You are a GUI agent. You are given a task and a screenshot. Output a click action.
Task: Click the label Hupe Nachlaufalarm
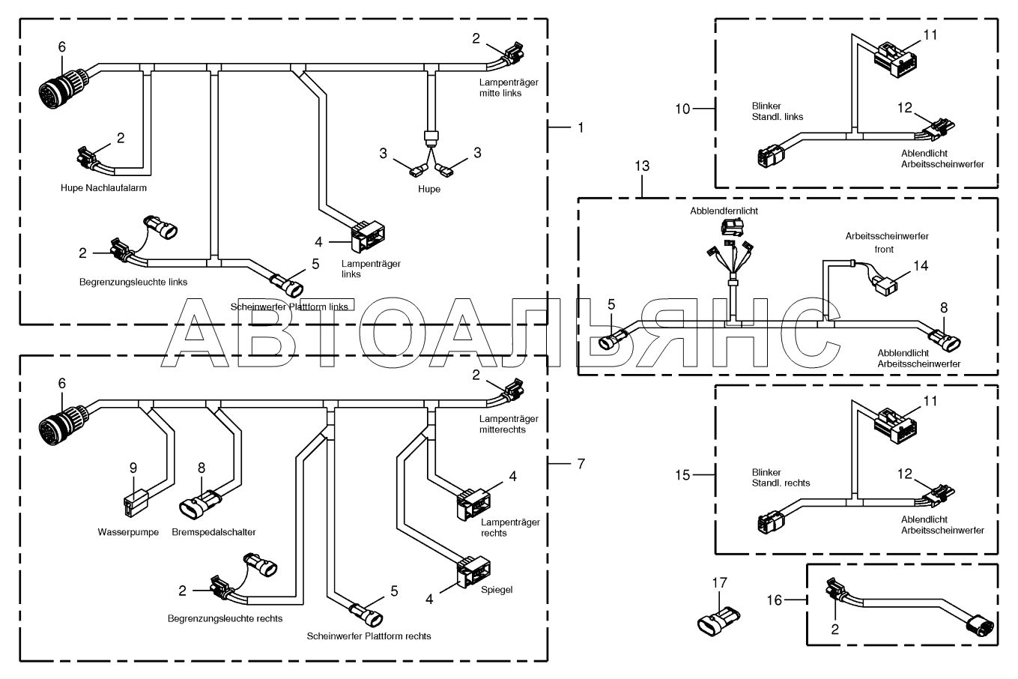point(103,188)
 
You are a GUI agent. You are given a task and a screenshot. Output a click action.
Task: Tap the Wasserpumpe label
point(128,532)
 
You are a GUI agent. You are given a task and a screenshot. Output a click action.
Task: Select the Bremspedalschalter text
point(213,532)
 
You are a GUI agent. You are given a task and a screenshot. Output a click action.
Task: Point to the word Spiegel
point(497,590)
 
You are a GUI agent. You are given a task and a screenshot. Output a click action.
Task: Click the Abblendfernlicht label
point(724,211)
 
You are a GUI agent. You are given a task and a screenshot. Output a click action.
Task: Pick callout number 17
point(719,582)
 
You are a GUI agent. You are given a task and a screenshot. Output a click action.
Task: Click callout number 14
point(921,265)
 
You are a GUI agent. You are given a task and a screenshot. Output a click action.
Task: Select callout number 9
point(133,468)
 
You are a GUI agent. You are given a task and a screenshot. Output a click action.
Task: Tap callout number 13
point(642,166)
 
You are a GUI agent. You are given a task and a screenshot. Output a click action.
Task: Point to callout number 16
point(775,600)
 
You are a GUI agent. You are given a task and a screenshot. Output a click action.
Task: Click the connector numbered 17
point(719,620)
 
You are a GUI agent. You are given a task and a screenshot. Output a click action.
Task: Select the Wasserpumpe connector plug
point(136,503)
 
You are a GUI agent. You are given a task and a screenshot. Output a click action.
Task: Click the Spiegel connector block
point(473,571)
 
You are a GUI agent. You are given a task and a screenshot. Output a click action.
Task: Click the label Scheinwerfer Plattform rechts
point(369,636)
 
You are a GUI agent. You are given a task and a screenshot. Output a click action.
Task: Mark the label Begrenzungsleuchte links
point(133,282)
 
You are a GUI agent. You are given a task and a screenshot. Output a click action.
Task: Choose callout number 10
point(682,109)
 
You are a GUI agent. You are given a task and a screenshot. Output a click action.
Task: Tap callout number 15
point(682,475)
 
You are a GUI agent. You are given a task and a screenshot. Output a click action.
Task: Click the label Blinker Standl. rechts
point(781,477)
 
